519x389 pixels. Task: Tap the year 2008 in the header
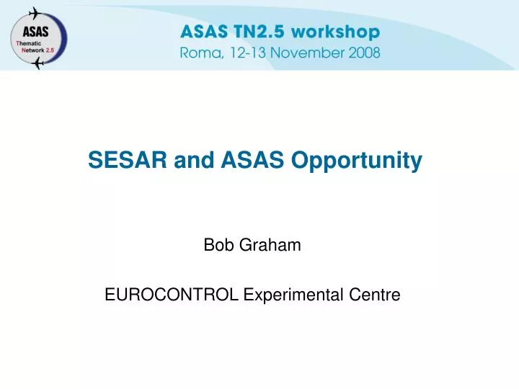(x=365, y=53)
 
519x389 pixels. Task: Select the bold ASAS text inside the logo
(x=35, y=32)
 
